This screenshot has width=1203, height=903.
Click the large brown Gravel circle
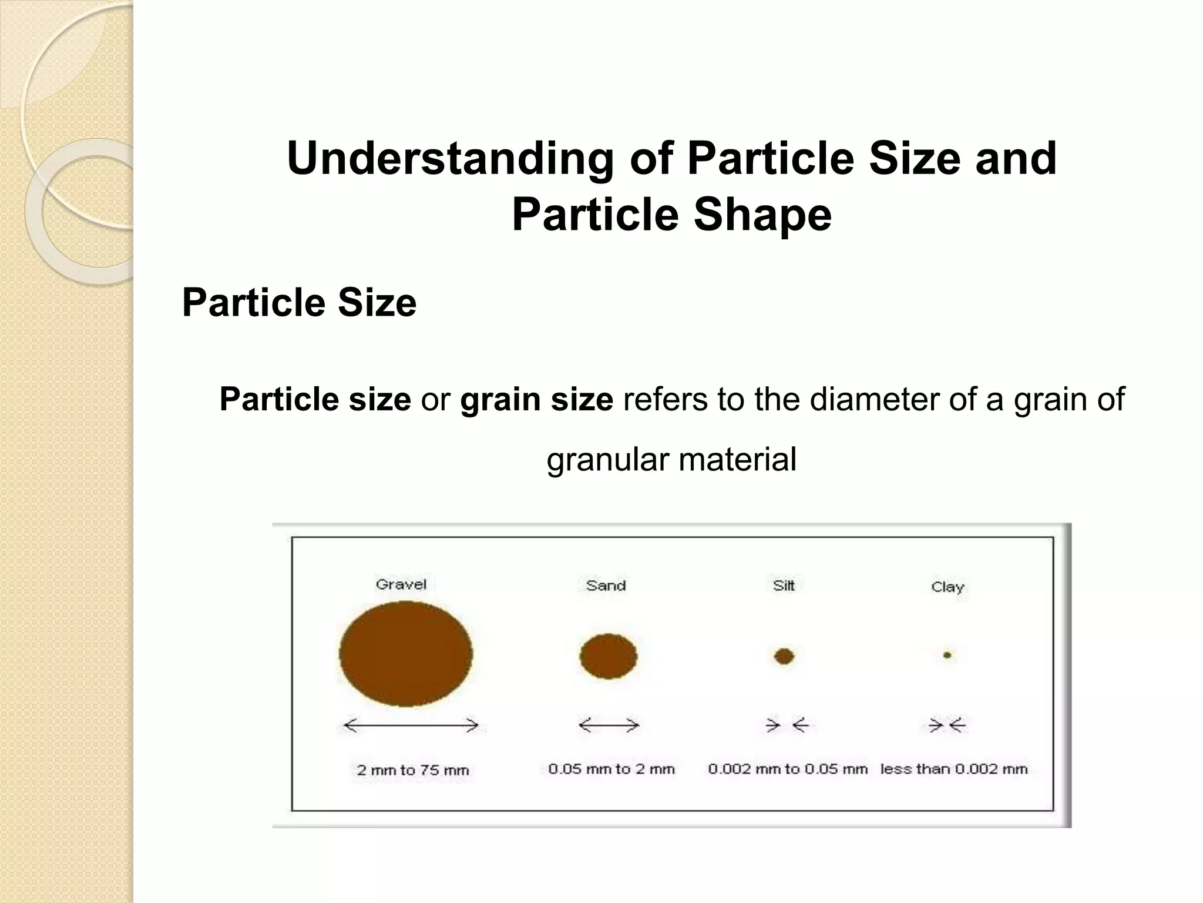pyautogui.click(x=406, y=654)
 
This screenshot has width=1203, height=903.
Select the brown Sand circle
pyautogui.click(x=608, y=656)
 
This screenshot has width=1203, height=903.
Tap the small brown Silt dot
pyautogui.click(x=784, y=656)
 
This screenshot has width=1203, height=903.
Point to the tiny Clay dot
pyautogui.click(x=947, y=655)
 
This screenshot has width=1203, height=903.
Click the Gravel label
pyautogui.click(x=401, y=584)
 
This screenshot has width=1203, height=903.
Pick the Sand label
pyautogui.click(x=606, y=586)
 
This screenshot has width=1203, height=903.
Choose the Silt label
pyautogui.click(x=784, y=586)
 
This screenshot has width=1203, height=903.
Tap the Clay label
pyautogui.click(x=947, y=587)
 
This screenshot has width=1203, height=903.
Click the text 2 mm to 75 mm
pyautogui.click(x=412, y=770)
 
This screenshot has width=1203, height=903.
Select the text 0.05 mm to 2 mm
pyautogui.click(x=611, y=769)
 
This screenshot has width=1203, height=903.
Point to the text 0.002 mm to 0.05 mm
pyautogui.click(x=787, y=769)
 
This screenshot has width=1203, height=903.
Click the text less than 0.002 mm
pyautogui.click(x=954, y=769)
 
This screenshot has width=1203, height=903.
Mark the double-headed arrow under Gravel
pyautogui.click(x=411, y=725)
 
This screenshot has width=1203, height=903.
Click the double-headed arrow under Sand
pyautogui.click(x=609, y=725)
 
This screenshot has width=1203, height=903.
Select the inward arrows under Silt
pyautogui.click(x=787, y=725)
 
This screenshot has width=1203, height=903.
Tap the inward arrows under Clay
pyautogui.click(x=947, y=725)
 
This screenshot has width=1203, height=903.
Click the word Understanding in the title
pyautogui.click(x=450, y=159)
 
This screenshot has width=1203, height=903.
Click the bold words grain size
pyautogui.click(x=536, y=400)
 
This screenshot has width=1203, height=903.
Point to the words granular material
pyautogui.click(x=671, y=459)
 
